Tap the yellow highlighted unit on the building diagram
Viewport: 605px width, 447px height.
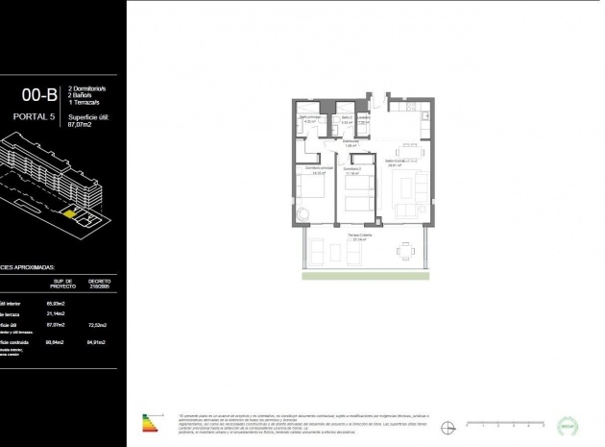coord(68,213)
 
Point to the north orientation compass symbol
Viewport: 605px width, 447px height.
coord(447,424)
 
